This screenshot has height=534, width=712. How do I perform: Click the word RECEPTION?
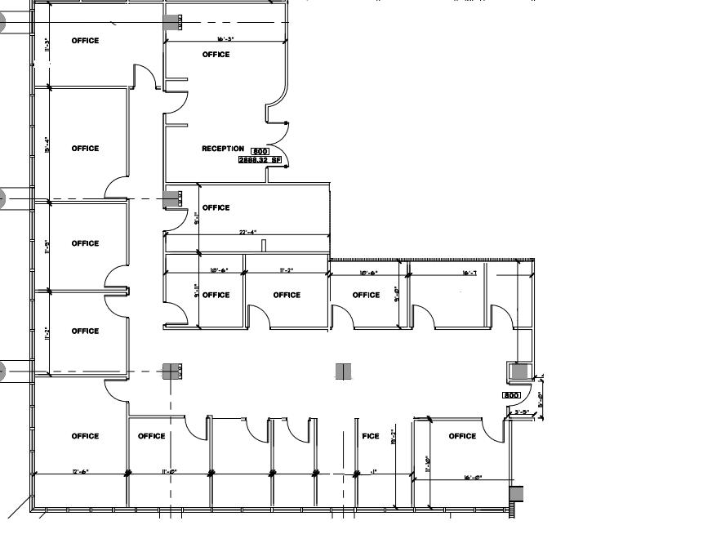tap(223, 149)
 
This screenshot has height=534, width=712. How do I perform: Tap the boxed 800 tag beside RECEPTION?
tap(260, 152)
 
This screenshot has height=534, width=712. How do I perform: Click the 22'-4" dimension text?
tap(248, 233)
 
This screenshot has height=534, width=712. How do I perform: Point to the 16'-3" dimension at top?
tap(226, 39)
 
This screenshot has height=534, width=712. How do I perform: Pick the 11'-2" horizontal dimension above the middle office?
tap(286, 269)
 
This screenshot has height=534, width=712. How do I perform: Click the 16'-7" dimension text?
tap(469, 273)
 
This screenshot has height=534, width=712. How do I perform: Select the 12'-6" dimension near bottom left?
tap(80, 472)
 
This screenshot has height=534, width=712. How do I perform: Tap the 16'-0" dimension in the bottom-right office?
tap(474, 478)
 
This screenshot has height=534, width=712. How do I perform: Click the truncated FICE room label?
tap(371, 436)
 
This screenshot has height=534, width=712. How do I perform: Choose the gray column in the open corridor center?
tap(344, 372)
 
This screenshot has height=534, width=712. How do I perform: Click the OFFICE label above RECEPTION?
tap(216, 55)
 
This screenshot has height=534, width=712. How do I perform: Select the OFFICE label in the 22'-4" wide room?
tap(216, 207)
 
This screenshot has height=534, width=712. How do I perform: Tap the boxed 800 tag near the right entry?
tap(511, 395)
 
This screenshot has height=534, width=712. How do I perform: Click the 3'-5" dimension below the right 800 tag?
tap(523, 412)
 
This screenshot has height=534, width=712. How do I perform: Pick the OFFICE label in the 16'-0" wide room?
tap(462, 436)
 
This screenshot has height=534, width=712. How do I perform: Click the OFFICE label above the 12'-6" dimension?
tap(85, 436)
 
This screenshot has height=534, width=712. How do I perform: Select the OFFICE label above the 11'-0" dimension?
tap(152, 436)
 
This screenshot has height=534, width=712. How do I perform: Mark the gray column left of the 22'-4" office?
tap(172, 198)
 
